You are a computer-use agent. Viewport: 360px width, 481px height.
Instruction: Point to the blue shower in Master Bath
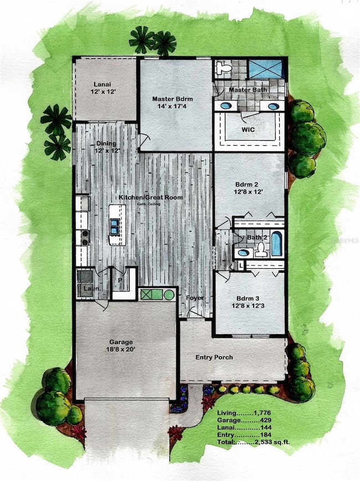[265, 69]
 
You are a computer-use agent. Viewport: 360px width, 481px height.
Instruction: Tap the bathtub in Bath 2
[276, 243]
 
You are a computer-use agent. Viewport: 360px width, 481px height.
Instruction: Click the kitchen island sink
[114, 226]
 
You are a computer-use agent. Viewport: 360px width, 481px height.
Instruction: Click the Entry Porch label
[214, 357]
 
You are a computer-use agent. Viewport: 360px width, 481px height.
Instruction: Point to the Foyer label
[194, 298]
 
